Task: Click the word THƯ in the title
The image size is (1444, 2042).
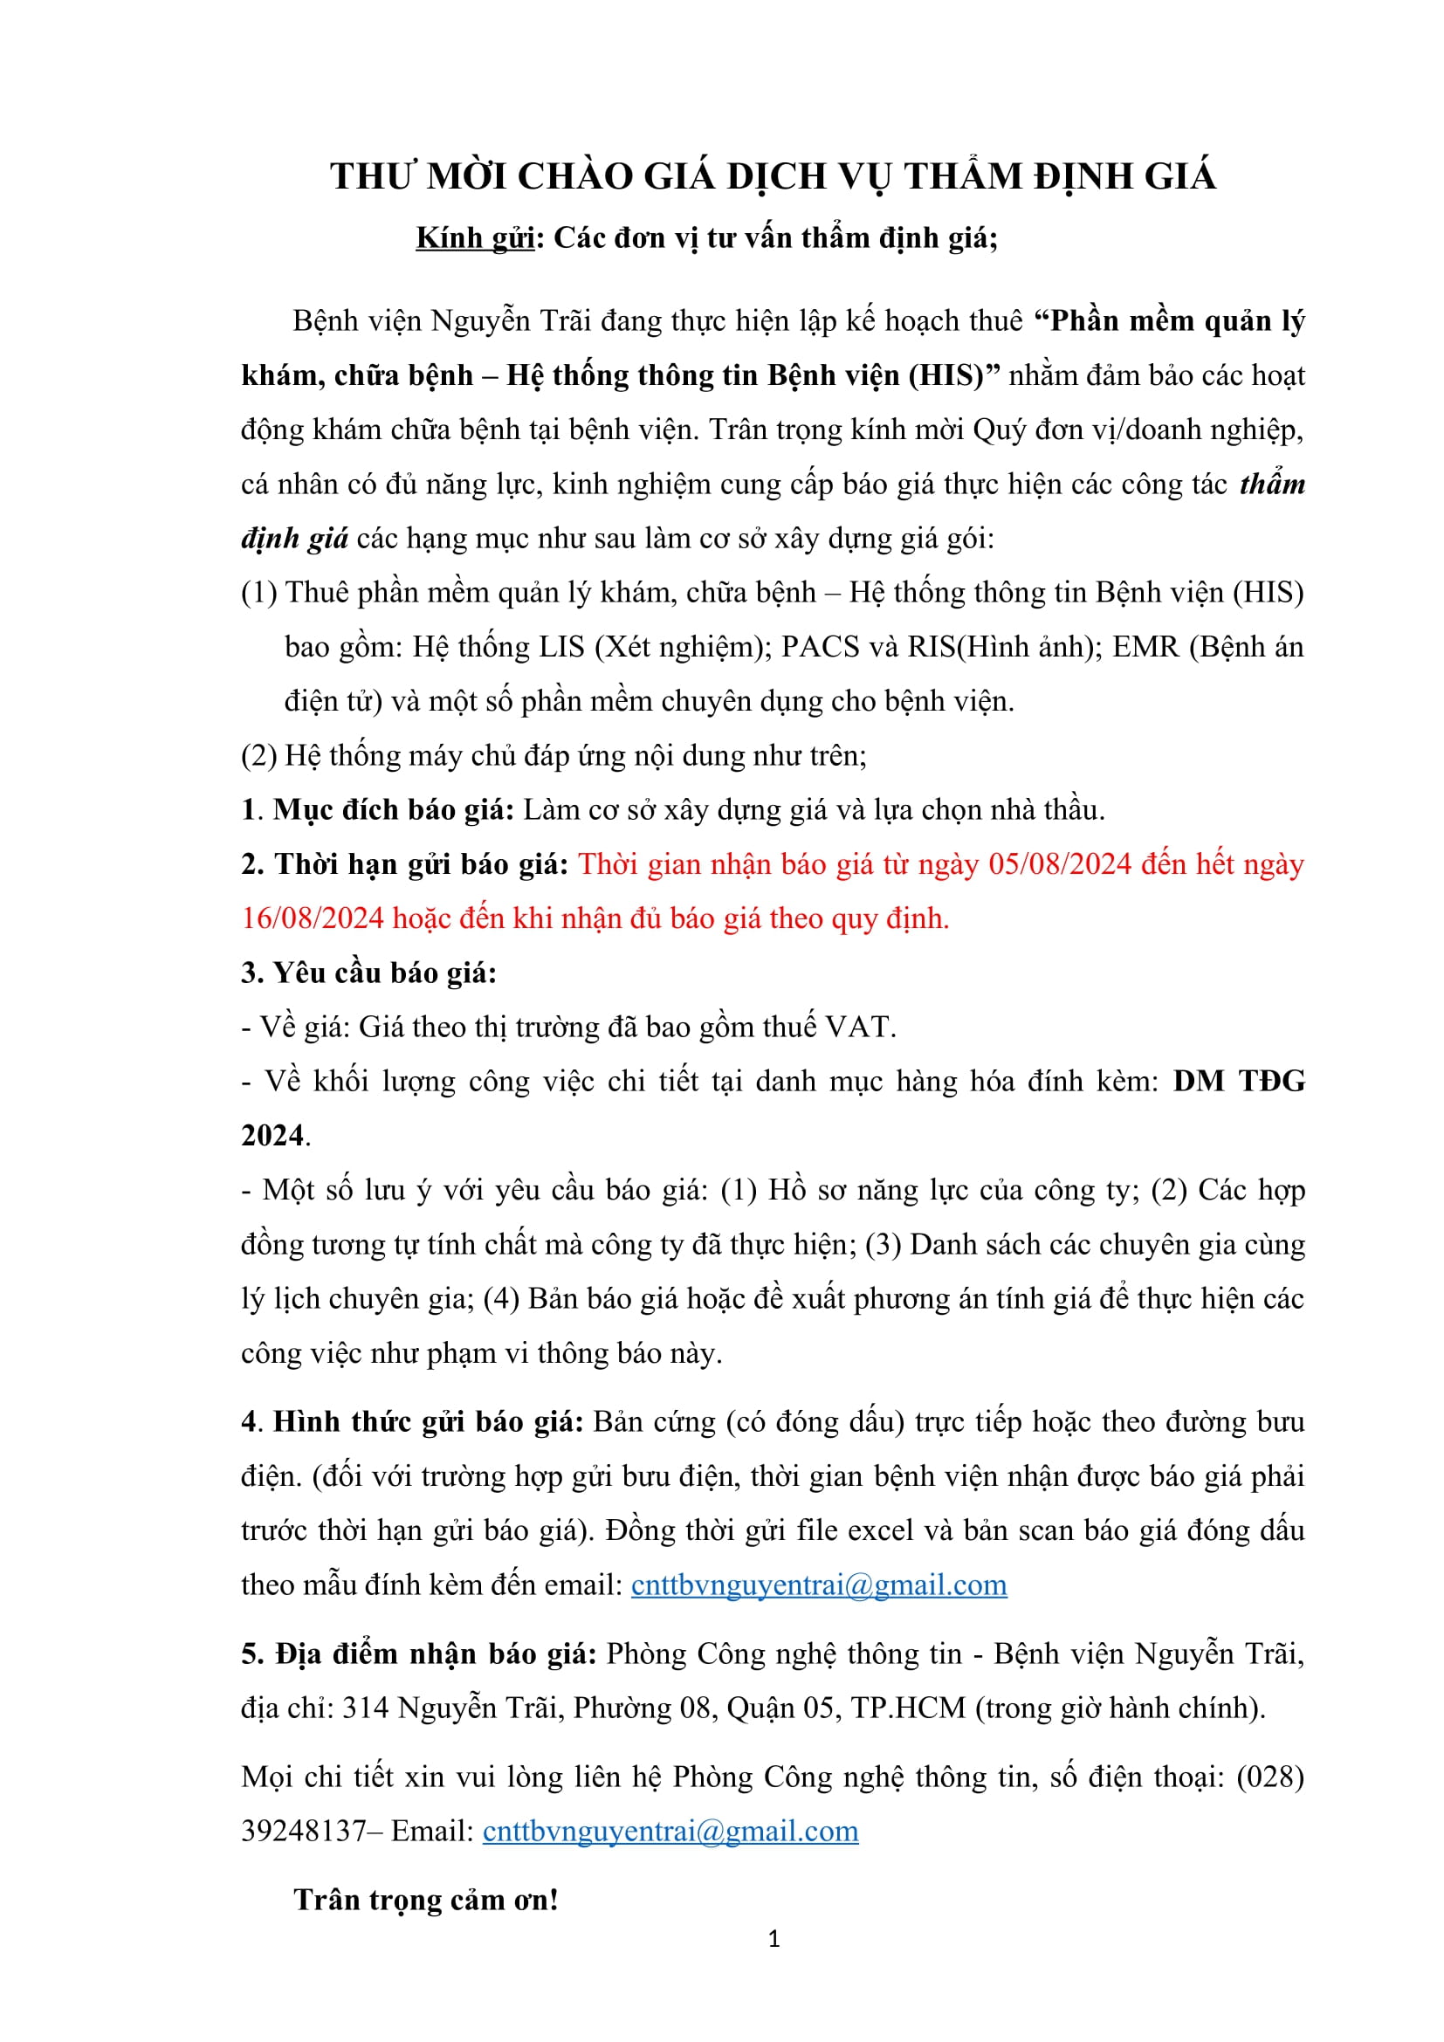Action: click(373, 176)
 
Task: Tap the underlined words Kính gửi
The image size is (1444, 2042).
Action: click(475, 238)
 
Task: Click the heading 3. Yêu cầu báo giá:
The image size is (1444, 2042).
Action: click(368, 972)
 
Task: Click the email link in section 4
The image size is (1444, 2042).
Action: click(818, 1585)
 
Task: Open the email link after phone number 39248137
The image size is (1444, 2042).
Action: click(670, 1831)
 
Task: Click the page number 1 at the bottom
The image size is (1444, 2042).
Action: click(774, 1939)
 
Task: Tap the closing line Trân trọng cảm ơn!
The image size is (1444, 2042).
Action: click(426, 1900)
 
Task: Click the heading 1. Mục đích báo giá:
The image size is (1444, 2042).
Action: click(378, 809)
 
